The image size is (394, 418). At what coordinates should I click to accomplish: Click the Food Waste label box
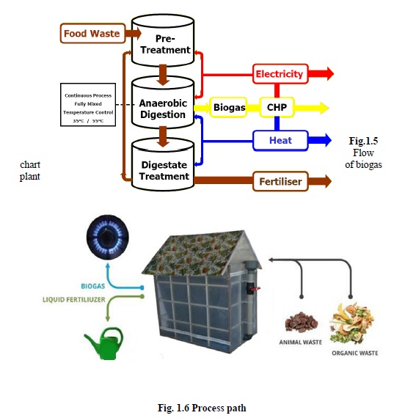pos(91,34)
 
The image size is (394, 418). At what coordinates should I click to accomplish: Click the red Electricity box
pos(279,74)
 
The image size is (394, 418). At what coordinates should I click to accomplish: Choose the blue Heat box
pos(279,139)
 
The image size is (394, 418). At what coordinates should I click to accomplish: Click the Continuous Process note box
pos(89,106)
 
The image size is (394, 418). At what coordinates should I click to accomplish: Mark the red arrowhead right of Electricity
pos(325,74)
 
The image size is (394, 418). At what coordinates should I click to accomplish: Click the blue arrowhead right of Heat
pos(325,139)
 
